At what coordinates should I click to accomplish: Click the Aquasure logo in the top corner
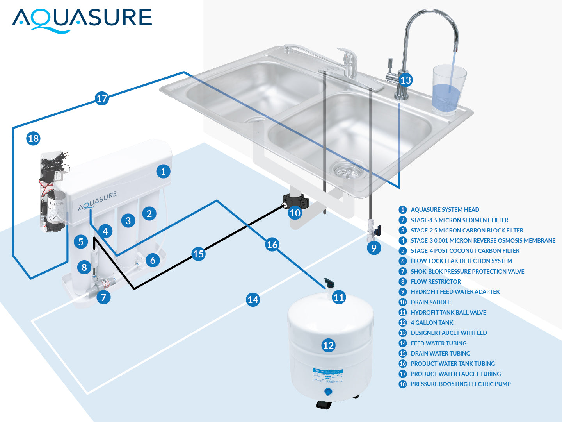[x=82, y=20]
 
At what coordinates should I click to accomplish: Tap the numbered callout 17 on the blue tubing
[x=102, y=98]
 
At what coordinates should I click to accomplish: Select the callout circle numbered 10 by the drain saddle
[x=295, y=213]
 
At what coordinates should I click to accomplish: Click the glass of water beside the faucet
[x=449, y=90]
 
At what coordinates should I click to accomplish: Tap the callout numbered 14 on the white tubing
[x=253, y=300]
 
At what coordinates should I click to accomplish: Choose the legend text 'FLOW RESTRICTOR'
[x=436, y=281]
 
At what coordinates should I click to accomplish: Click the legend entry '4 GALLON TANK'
[x=432, y=322]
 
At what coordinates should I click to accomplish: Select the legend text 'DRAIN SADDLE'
[x=430, y=302]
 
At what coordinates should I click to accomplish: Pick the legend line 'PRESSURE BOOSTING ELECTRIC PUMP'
[x=461, y=384]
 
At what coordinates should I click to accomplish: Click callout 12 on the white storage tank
[x=329, y=345]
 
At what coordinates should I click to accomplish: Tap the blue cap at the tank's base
[x=328, y=392]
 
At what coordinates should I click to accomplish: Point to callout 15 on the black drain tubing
[x=198, y=254]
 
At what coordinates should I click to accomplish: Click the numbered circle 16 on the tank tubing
[x=272, y=245]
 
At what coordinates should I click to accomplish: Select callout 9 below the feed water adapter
[x=374, y=248]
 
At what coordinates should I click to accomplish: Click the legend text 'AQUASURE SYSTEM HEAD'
[x=445, y=209]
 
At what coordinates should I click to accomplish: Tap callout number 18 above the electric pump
[x=34, y=138]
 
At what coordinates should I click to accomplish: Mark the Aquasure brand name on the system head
[x=98, y=201]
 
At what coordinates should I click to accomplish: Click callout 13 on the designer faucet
[x=406, y=80]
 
